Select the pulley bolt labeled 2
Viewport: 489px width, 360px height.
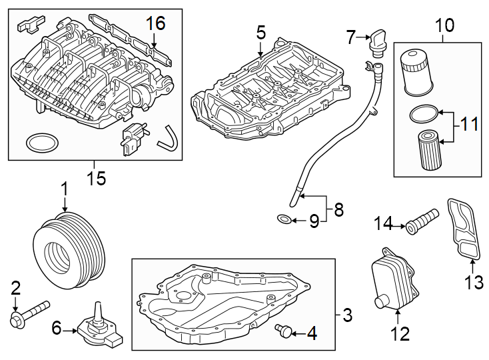[x=29, y=313]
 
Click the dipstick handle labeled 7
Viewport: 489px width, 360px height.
[x=378, y=41]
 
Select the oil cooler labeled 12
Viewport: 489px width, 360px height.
[x=390, y=281]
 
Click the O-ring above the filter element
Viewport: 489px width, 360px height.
[x=424, y=114]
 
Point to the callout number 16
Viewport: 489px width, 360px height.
[x=155, y=23]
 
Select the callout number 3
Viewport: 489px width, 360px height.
[x=346, y=313]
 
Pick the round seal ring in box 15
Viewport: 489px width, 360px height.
[x=41, y=142]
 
